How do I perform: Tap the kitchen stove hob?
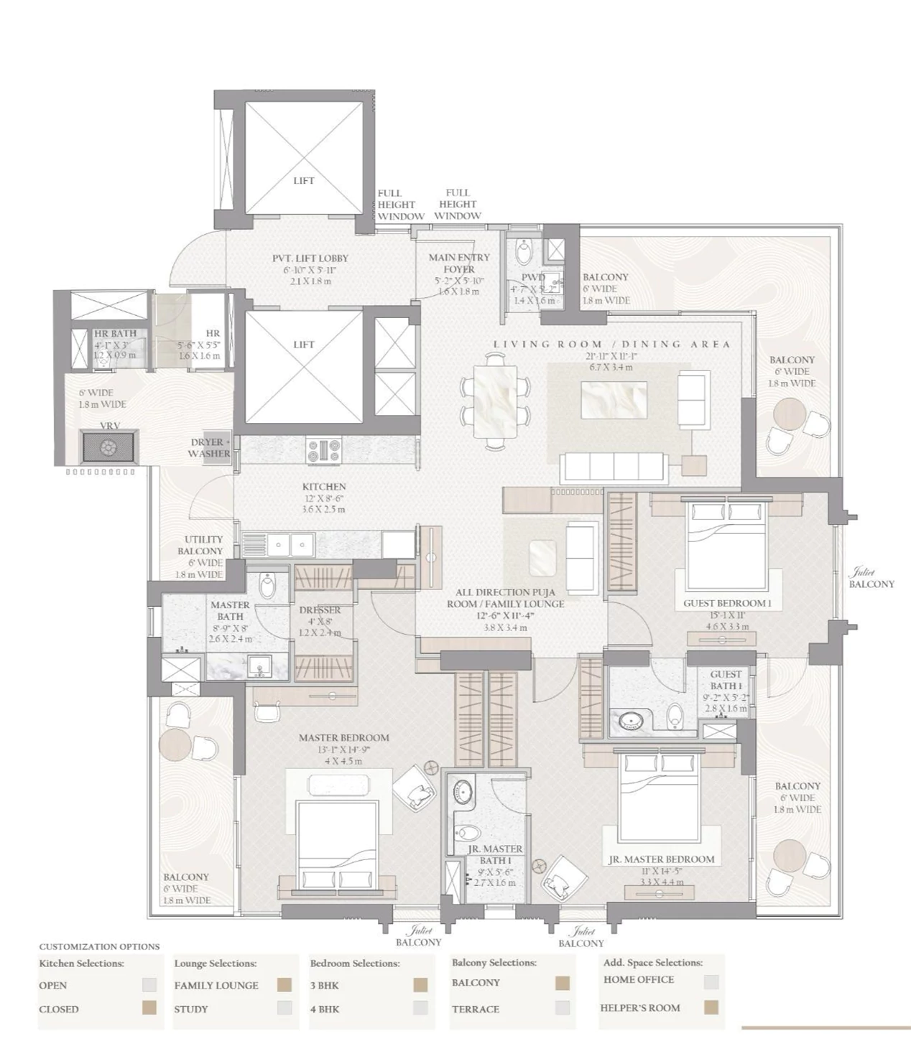pyautogui.click(x=323, y=450)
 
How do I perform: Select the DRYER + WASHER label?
pyautogui.click(x=209, y=448)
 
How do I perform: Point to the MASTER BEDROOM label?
pyautogui.click(x=343, y=737)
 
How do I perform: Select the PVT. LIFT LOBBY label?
pyautogui.click(x=310, y=258)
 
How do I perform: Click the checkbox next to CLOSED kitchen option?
pyautogui.click(x=149, y=1008)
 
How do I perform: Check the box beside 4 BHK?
pyautogui.click(x=421, y=1008)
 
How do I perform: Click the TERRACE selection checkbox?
pyautogui.click(x=563, y=1008)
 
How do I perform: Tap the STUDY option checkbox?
pyautogui.click(x=285, y=1008)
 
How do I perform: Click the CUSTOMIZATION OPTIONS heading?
pyautogui.click(x=99, y=946)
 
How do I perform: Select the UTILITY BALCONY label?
pyautogui.click(x=203, y=545)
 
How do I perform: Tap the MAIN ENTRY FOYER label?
pyautogui.click(x=459, y=263)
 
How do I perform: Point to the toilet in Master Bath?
pyautogui.click(x=267, y=585)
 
